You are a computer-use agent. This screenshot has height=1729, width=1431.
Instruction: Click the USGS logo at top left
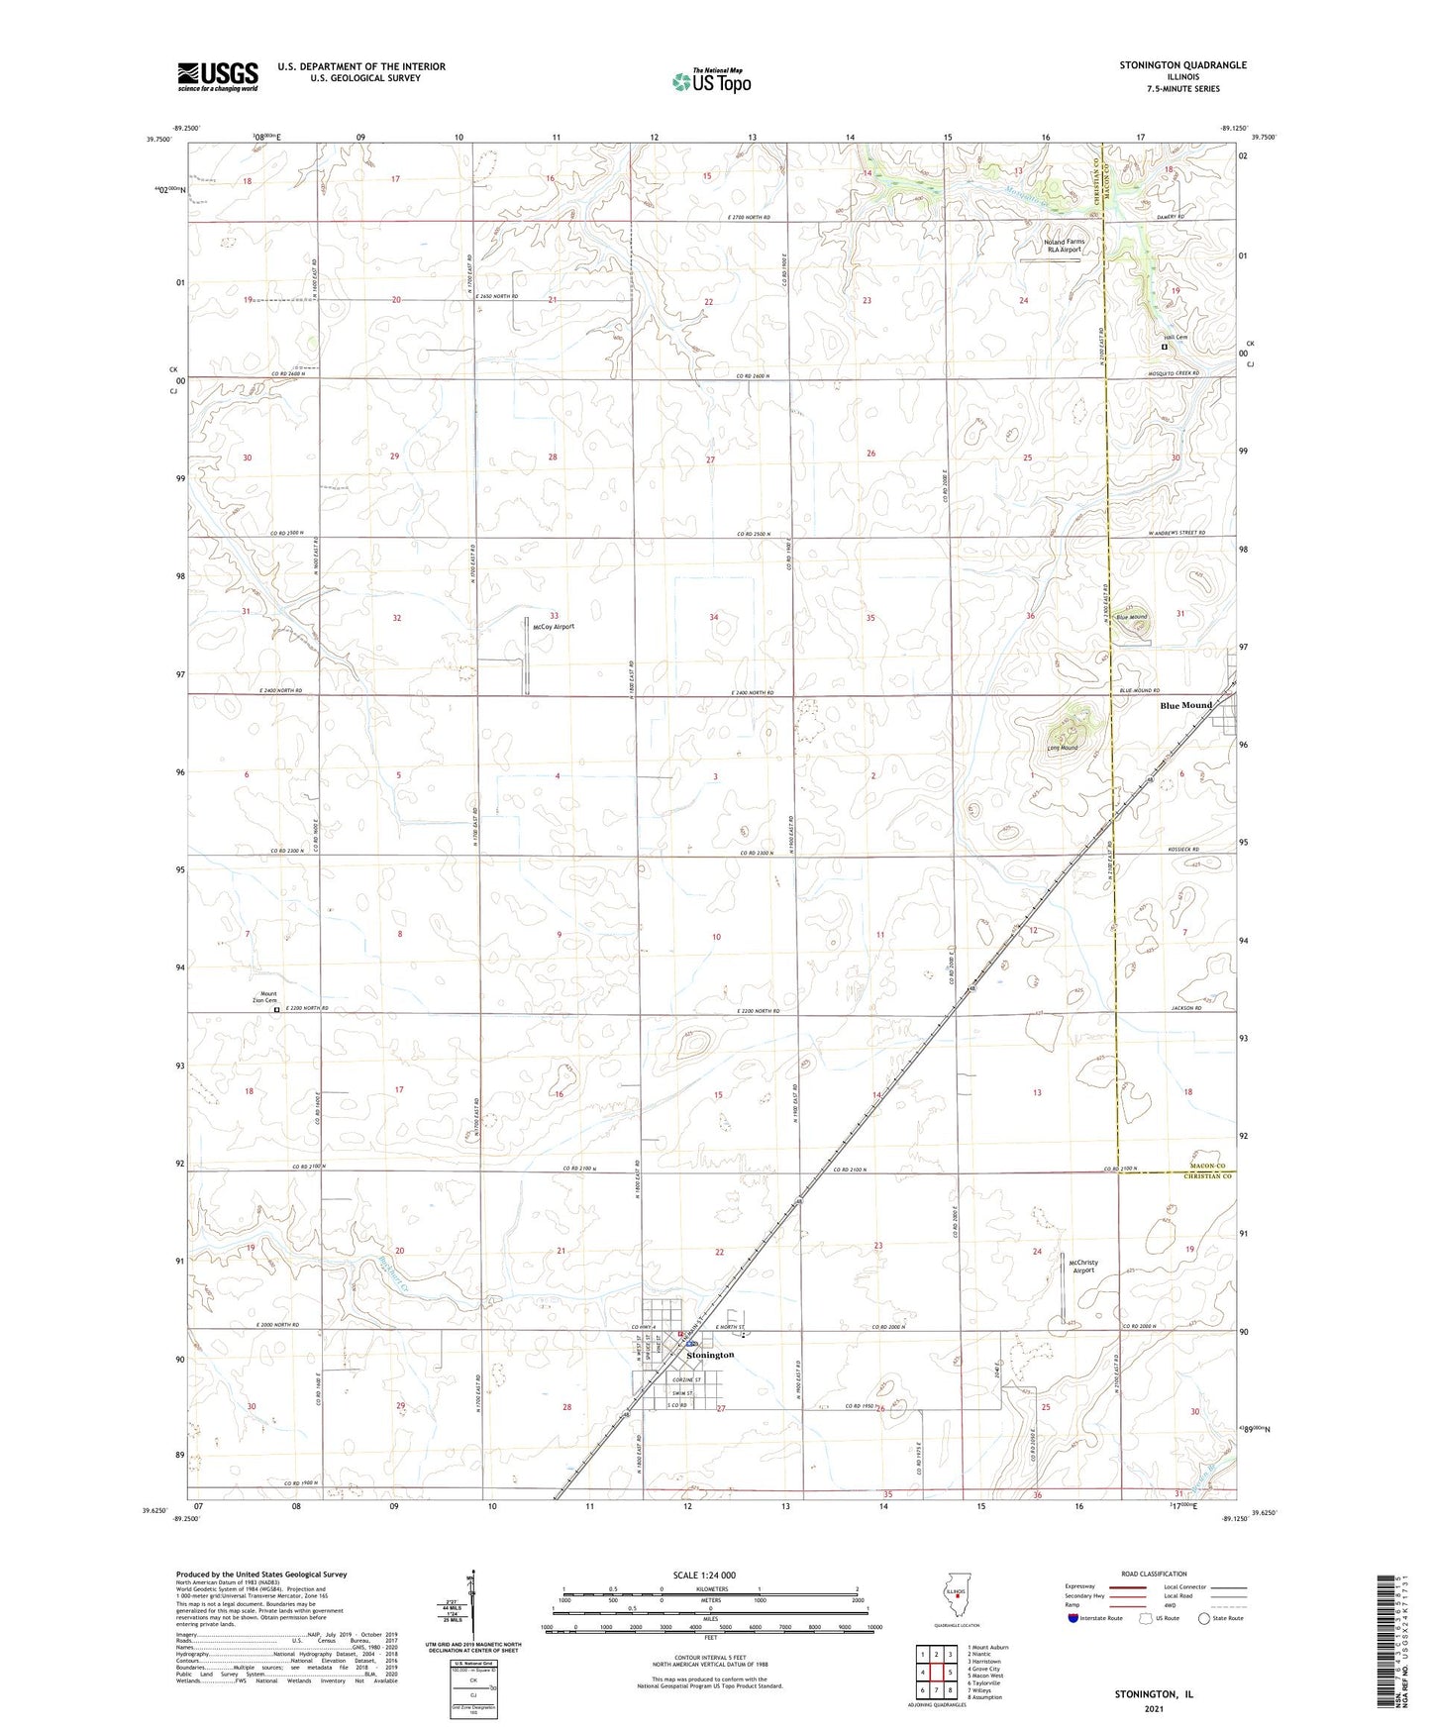(x=217, y=76)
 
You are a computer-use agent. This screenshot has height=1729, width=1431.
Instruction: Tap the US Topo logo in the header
(x=711, y=81)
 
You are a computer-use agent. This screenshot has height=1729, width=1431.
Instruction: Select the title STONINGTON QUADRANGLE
(x=1182, y=65)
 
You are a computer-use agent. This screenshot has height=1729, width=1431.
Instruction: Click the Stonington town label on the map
(x=710, y=1355)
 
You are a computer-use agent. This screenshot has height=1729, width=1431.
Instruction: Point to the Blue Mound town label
(x=1185, y=705)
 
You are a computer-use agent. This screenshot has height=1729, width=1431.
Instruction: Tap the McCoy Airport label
(x=553, y=627)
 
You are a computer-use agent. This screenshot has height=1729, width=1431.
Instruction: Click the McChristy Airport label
(x=1083, y=1267)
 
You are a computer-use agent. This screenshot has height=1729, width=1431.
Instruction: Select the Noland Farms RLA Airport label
(x=1063, y=246)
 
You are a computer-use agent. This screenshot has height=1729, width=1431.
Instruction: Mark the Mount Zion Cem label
(x=267, y=997)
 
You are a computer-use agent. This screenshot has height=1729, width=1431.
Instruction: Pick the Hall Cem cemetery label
(x=1175, y=338)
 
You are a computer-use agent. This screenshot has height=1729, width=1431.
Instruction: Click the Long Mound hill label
(x=1062, y=748)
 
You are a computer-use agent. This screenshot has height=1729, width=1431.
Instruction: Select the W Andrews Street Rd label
(x=1176, y=533)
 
